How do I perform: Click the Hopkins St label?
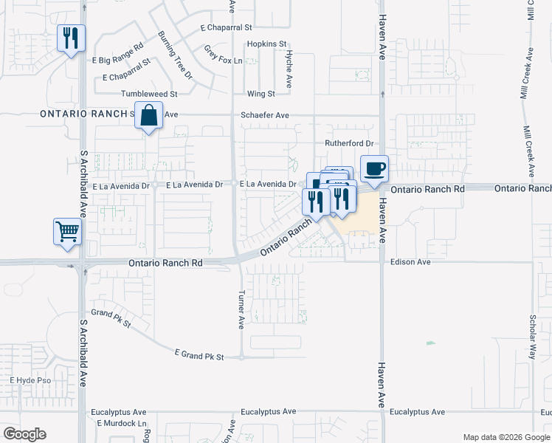coord(266,44)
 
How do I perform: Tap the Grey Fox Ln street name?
coord(223,55)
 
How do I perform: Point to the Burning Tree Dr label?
coord(175,55)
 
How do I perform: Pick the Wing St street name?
coord(261,95)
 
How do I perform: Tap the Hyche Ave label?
coord(289,71)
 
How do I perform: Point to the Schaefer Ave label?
coord(264,116)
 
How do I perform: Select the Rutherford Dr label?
coord(350,143)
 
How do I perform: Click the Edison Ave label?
coord(410,262)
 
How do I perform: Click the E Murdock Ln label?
coord(122,423)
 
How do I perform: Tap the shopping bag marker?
coord(149,117)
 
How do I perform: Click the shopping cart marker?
coord(67,232)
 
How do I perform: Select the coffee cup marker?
coord(374,168)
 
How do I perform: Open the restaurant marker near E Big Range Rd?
coord(71,38)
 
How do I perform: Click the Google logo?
coord(24,434)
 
